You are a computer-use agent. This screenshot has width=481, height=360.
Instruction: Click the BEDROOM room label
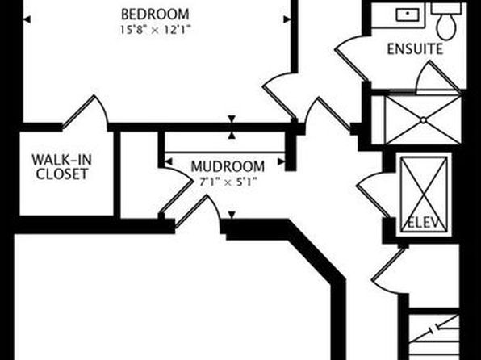pyautogui.click(x=155, y=14)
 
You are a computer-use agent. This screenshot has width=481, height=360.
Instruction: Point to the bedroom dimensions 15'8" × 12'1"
pyautogui.click(x=155, y=30)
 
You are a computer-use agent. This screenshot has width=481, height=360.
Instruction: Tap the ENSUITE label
pyautogui.click(x=415, y=49)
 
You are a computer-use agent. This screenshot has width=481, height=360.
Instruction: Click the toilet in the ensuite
pyautogui.click(x=446, y=23)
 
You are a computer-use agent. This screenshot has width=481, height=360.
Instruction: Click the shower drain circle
pyautogui.click(x=424, y=120)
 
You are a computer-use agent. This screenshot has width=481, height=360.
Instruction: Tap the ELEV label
pyautogui.click(x=424, y=223)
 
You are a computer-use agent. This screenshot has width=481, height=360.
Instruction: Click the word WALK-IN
pyautogui.click(x=61, y=160)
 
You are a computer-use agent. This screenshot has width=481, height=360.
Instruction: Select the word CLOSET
pyautogui.click(x=61, y=174)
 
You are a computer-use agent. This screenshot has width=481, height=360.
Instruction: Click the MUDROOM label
pyautogui.click(x=228, y=166)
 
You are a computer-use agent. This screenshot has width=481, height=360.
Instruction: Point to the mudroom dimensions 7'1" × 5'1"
pyautogui.click(x=228, y=182)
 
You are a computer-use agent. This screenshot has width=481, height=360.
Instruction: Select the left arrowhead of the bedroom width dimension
pyautogui.click(x=27, y=19)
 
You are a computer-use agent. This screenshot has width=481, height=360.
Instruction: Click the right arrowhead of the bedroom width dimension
pyautogui.click(x=287, y=19)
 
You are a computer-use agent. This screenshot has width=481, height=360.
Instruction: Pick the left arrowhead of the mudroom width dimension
pyautogui.click(x=169, y=161)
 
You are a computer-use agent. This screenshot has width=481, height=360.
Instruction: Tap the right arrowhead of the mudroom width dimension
pyautogui.click(x=282, y=161)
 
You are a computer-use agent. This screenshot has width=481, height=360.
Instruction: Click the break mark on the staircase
pyautogui.click(x=434, y=330)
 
